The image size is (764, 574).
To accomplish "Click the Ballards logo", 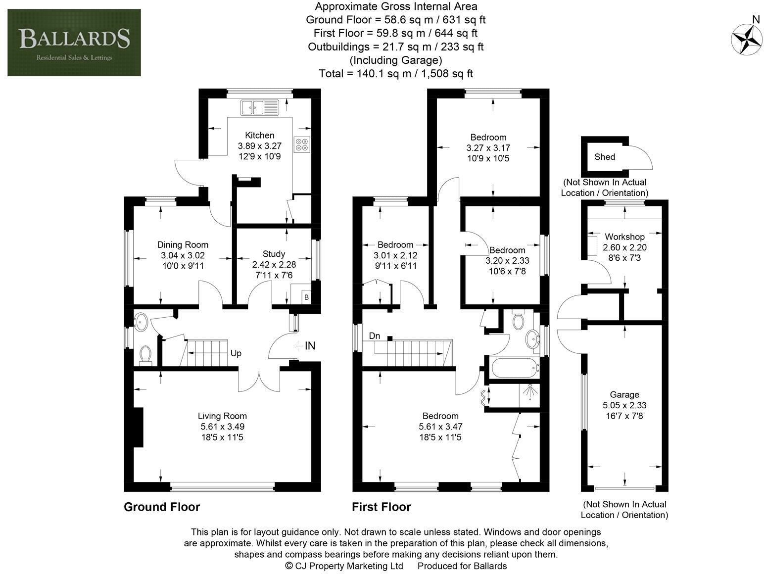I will [x=74, y=43].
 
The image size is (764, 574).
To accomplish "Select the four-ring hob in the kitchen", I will [x=302, y=143].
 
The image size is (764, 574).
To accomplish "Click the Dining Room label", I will [x=183, y=244].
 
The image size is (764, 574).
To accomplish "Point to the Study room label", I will [x=274, y=253].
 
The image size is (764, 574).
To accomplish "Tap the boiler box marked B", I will [x=306, y=297].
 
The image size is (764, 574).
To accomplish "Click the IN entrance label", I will [x=310, y=346].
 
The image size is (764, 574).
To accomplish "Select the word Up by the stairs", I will [x=236, y=353].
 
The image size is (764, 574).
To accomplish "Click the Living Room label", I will [x=222, y=416].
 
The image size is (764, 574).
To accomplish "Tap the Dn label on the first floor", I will [x=375, y=336].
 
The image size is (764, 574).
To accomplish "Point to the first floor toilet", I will [x=519, y=320].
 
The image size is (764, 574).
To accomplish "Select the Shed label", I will [x=605, y=157].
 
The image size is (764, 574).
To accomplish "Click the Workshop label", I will [x=624, y=237].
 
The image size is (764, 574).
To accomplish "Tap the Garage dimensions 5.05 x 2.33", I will [x=624, y=405].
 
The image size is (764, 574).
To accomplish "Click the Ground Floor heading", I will [x=162, y=507].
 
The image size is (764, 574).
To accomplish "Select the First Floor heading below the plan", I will [x=381, y=507].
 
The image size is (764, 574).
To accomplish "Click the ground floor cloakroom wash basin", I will [x=141, y=322].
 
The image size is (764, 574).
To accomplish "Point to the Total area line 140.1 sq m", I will [x=395, y=74].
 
